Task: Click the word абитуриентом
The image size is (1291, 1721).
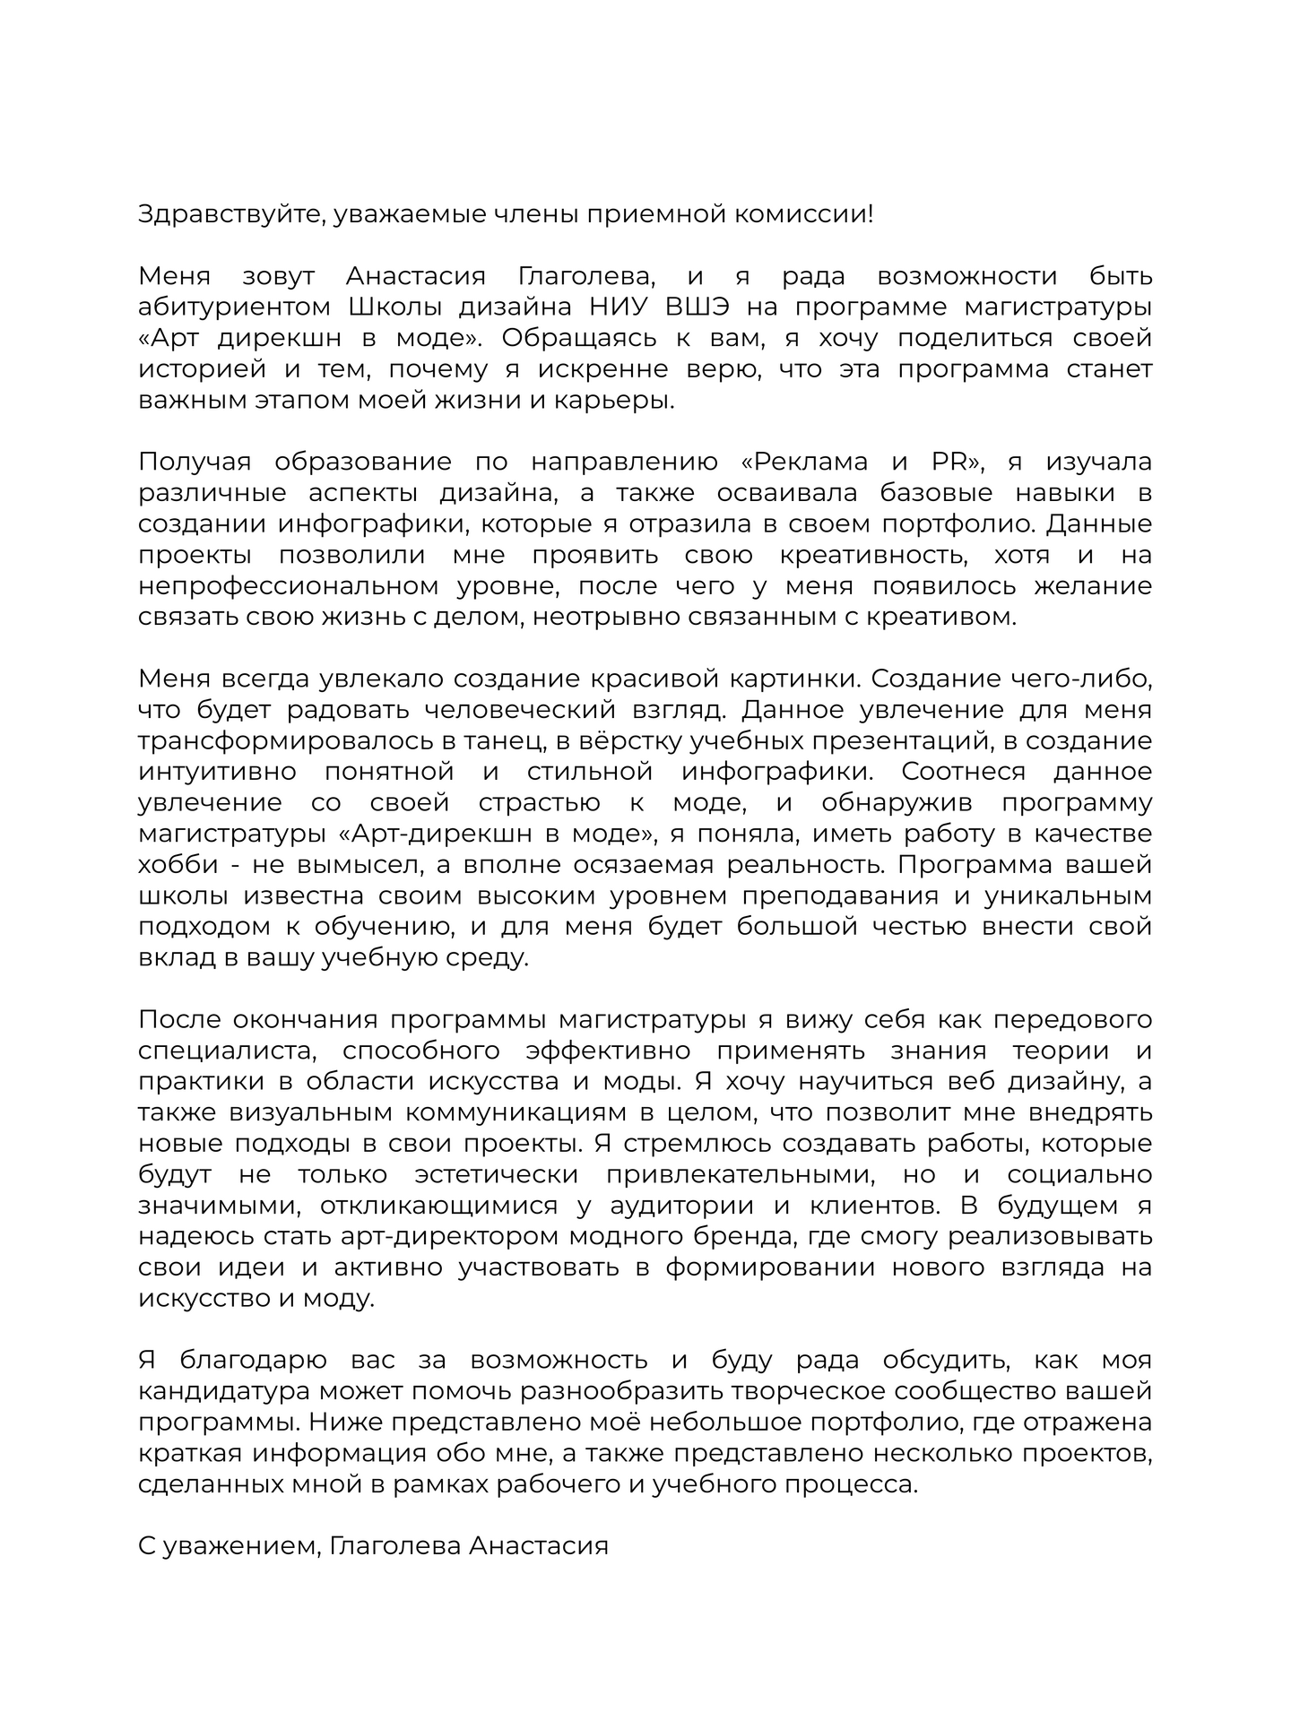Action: [235, 307]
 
